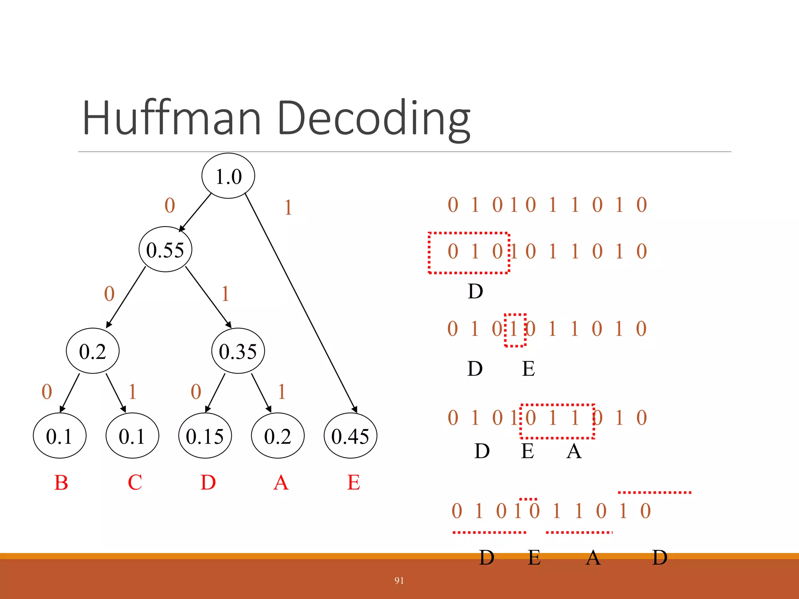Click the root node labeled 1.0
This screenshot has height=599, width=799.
[x=228, y=176]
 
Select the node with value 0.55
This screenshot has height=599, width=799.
[x=165, y=249]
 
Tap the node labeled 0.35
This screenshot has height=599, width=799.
[x=238, y=351]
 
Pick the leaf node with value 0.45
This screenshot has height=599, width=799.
[x=350, y=436]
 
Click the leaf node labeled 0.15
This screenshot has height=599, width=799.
[x=205, y=436]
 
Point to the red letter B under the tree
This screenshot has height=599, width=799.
[x=61, y=482]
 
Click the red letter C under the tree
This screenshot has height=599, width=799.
[x=135, y=482]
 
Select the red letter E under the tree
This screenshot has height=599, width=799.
[x=353, y=482]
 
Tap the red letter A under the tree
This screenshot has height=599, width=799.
[x=281, y=482]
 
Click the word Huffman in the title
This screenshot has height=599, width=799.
[x=172, y=118]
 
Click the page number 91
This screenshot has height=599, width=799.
[x=399, y=581]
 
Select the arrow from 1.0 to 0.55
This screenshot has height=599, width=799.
[x=195, y=212]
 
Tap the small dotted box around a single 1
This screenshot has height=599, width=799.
[x=515, y=330]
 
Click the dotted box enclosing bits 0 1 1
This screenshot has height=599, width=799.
[x=557, y=421]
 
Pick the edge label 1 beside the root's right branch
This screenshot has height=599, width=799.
[x=288, y=207]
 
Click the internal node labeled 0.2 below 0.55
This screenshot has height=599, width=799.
[x=93, y=351]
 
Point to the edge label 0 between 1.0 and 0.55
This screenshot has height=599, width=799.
[x=170, y=205]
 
